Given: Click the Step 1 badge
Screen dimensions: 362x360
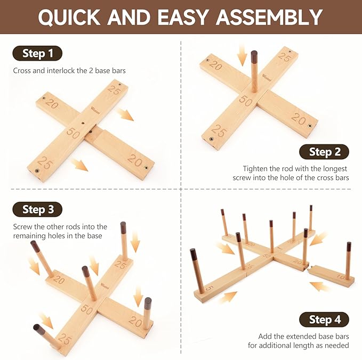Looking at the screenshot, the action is (x=37, y=53).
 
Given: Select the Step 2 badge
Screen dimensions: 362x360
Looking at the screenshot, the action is (x=324, y=152).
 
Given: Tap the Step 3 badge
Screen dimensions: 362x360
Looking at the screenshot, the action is (x=37, y=209).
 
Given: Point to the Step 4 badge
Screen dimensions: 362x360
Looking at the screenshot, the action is (x=324, y=320).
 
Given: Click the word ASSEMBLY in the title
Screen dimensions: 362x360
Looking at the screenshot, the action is (x=269, y=17).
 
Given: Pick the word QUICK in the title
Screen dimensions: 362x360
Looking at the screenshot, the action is (x=69, y=18).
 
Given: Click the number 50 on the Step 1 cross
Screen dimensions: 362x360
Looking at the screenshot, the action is (x=74, y=133).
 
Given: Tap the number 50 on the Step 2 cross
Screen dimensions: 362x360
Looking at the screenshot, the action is (x=245, y=101).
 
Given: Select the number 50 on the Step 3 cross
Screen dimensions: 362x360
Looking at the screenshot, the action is (x=87, y=309).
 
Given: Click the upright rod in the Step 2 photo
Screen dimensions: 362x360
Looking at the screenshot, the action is (x=254, y=71).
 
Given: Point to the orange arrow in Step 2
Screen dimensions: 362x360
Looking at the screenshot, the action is (x=242, y=55).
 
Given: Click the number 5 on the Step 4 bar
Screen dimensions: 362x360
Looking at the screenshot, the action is (x=208, y=288).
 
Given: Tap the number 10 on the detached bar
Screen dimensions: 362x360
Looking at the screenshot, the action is (x=341, y=276).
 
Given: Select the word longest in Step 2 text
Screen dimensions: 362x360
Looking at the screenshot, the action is (x=334, y=169).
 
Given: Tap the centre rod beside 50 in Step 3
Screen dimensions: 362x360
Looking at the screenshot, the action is (x=90, y=283).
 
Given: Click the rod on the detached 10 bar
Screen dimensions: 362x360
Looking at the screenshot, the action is (x=348, y=260).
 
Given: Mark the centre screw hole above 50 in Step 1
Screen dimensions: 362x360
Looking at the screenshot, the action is (x=83, y=124).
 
